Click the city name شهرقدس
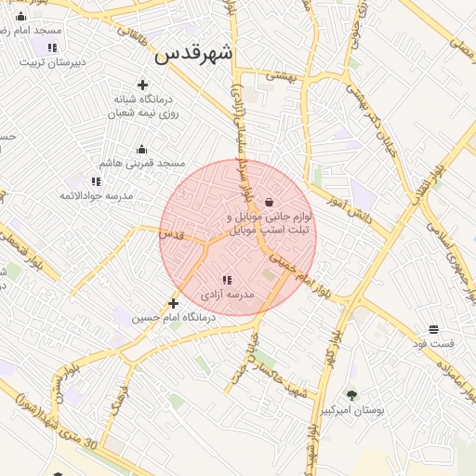click(193, 53)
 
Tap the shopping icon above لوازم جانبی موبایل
click(270, 202)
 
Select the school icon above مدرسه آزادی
click(227, 280)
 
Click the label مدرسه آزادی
click(228, 295)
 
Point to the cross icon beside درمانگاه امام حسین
click(173, 303)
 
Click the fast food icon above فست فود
click(433, 329)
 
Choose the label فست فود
click(434, 344)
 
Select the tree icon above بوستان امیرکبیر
click(351, 395)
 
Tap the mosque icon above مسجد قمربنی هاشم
click(142, 149)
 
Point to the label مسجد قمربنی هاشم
click(142, 163)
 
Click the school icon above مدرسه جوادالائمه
click(96, 181)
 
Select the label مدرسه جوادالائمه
click(96, 196)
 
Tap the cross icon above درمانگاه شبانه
click(142, 85)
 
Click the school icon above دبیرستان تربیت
click(52, 47)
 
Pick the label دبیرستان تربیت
click(53, 62)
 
